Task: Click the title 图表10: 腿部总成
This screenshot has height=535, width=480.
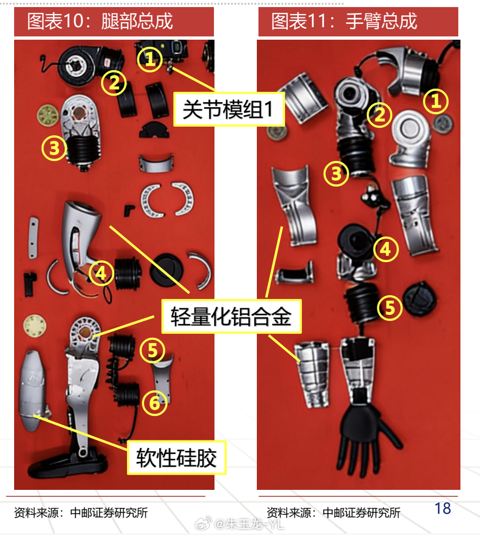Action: (x=100, y=21)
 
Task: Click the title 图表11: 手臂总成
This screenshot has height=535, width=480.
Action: (x=344, y=21)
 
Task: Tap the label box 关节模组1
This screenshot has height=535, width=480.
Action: (x=229, y=109)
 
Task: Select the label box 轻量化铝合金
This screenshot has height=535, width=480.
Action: (x=231, y=316)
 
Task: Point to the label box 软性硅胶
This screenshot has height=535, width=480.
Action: (x=176, y=458)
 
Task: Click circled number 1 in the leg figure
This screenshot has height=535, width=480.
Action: (x=149, y=59)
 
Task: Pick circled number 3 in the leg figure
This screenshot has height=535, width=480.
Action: (x=54, y=148)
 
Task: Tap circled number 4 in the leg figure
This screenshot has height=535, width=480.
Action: (x=101, y=273)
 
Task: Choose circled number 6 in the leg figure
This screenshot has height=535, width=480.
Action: (x=155, y=403)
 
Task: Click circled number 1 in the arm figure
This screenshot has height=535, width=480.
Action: (x=435, y=101)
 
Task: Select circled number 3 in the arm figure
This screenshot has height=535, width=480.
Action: (x=336, y=173)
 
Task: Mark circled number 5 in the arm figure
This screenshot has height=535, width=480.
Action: (x=390, y=308)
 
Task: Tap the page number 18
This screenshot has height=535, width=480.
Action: (x=443, y=508)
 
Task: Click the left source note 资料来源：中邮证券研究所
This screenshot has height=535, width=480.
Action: (x=81, y=513)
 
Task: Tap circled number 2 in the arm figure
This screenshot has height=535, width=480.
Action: (x=380, y=115)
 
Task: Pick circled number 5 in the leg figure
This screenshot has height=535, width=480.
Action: (x=152, y=350)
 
